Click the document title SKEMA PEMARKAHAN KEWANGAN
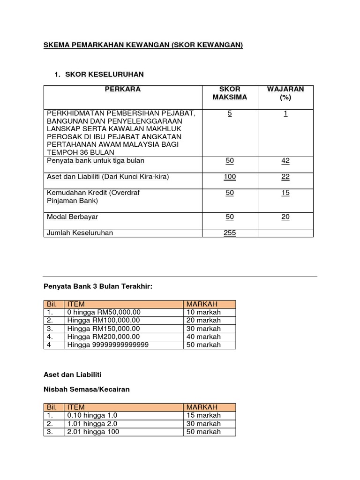coord(143,45)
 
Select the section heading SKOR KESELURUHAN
coord(105,74)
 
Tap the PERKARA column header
coord(123,89)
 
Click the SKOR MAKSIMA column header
coord(230,93)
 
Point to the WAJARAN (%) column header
coord(285,93)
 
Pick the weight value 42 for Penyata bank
coord(285,161)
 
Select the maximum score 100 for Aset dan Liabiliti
coord(230,177)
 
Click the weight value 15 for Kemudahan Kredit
coord(285,193)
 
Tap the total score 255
coord(230,232)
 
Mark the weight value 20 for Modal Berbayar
coord(285,217)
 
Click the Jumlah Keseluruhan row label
coord(80,232)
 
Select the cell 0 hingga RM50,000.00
coord(104,312)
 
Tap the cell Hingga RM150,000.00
coord(104,329)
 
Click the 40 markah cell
coord(203,337)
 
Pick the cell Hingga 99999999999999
coord(108,345)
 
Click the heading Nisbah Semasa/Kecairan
coord(86,389)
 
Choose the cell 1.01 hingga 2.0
coord(92,424)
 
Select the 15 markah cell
coord(203,415)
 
